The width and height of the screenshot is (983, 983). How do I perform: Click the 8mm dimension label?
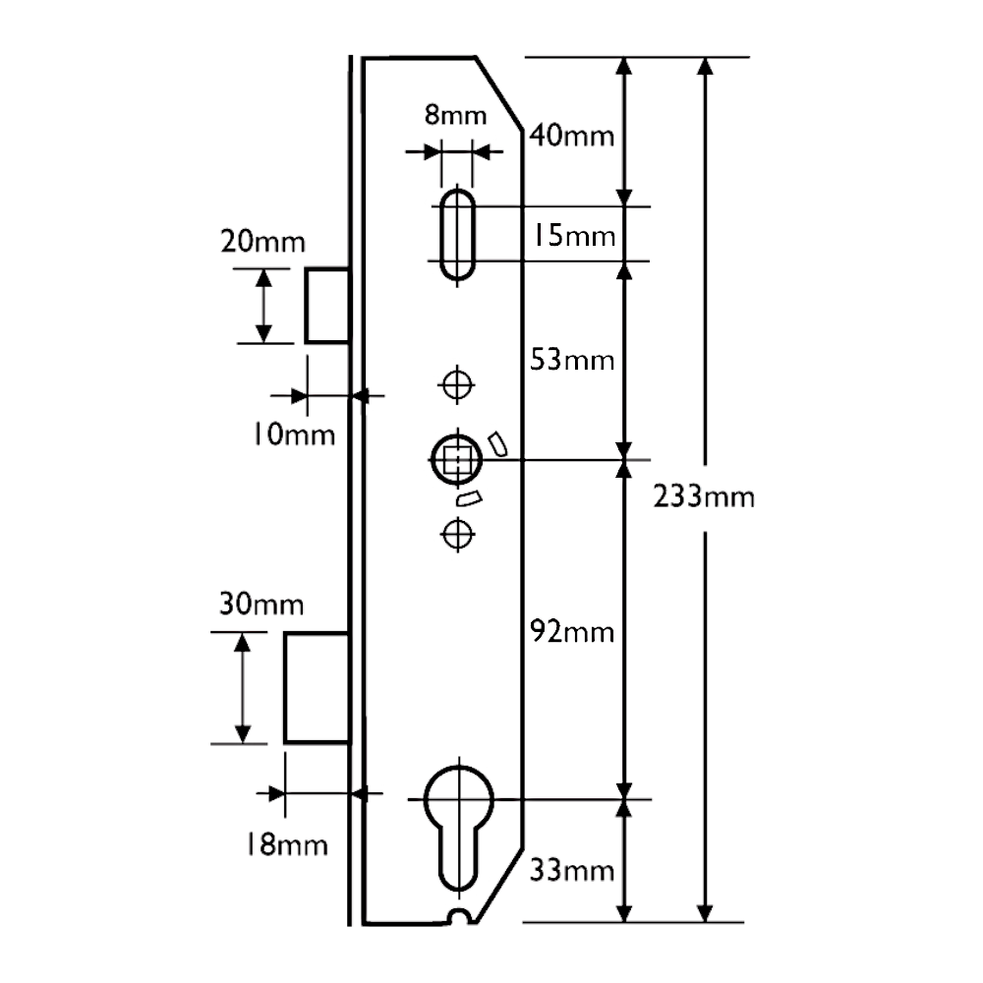point(455,115)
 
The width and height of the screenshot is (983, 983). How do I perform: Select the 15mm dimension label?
point(575,237)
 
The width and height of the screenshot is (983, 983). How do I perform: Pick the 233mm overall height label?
point(704,498)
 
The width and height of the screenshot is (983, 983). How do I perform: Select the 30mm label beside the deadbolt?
point(262,606)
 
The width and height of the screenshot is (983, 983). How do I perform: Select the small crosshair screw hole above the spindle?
point(455,382)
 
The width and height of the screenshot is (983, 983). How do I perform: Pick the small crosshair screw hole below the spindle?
point(455,534)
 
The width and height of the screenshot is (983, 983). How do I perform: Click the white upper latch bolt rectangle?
point(328,305)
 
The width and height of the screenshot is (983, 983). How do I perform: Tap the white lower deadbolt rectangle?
point(317,688)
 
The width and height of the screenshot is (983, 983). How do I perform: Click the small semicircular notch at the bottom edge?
point(457,918)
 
